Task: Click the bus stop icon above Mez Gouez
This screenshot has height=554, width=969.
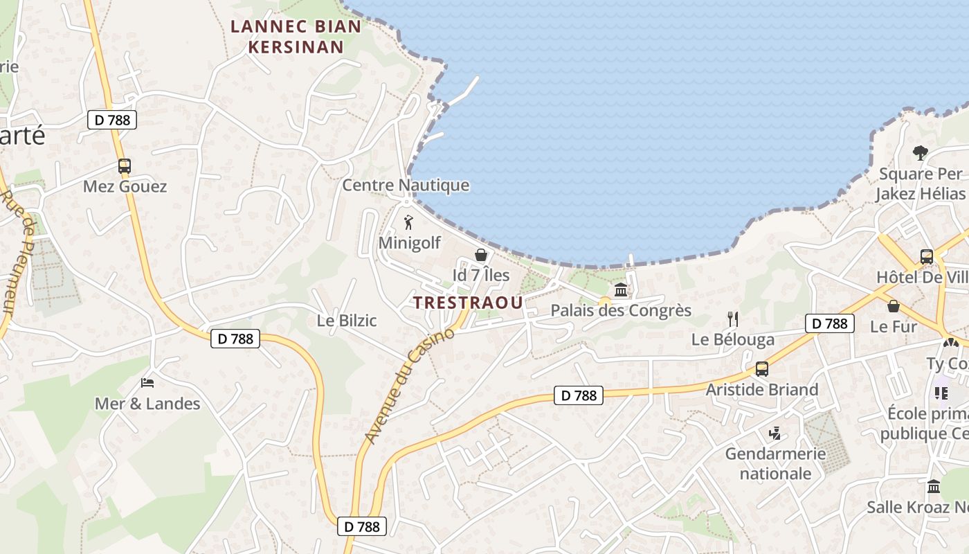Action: pos(125,166)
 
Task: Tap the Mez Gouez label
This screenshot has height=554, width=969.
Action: pos(125,186)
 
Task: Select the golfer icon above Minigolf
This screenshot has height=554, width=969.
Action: pos(408,223)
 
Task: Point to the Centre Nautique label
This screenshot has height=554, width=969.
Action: pos(406,185)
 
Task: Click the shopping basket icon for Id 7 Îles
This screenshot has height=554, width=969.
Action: pos(481,256)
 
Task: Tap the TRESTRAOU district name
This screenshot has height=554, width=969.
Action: pos(468,303)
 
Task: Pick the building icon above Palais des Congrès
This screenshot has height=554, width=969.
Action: pos(621,290)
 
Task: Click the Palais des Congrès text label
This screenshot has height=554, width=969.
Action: pos(621,310)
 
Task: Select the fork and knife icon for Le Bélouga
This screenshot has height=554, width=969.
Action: pos(733,319)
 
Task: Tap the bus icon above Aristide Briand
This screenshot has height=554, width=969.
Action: pos(762,369)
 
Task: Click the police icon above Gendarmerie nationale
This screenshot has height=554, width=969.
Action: pos(775,434)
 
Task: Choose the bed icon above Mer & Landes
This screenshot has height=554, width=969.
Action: pos(147,382)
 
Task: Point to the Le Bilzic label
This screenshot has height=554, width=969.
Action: pos(347,321)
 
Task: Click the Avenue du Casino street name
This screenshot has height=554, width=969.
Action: pos(409,386)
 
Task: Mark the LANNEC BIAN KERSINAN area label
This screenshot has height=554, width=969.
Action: pos(296,37)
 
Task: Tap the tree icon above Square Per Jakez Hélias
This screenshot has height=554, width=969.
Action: pos(920,153)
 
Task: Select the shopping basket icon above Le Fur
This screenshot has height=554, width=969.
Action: pos(894,306)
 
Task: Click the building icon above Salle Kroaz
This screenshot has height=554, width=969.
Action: pos(934,487)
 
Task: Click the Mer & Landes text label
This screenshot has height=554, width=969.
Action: pos(147,404)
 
